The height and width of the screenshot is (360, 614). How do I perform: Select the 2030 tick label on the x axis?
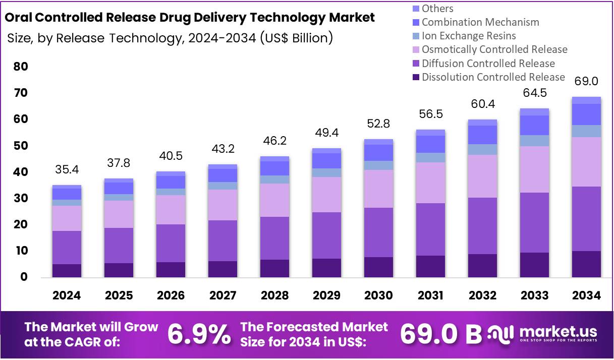click(x=378, y=295)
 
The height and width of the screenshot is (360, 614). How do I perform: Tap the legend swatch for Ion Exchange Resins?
click(x=416, y=36)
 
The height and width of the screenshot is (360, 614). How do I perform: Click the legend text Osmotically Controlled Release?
click(x=494, y=49)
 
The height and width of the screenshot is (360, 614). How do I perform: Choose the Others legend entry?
click(x=437, y=9)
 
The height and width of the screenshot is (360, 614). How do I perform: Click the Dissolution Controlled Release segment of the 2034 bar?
click(x=586, y=264)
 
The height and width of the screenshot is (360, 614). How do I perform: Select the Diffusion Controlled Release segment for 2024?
click(x=67, y=248)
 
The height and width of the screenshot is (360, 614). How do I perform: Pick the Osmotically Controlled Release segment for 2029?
click(x=326, y=195)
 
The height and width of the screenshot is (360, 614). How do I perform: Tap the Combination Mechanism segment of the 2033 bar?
click(x=534, y=126)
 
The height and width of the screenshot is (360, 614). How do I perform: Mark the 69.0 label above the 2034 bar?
click(x=586, y=81)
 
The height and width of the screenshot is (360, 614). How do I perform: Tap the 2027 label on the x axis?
click(x=222, y=295)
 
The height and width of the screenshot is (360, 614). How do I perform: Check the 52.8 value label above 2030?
click(x=378, y=124)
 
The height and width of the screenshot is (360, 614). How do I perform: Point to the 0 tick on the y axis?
click(x=24, y=277)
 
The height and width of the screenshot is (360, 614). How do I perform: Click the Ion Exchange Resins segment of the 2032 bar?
click(x=482, y=149)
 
